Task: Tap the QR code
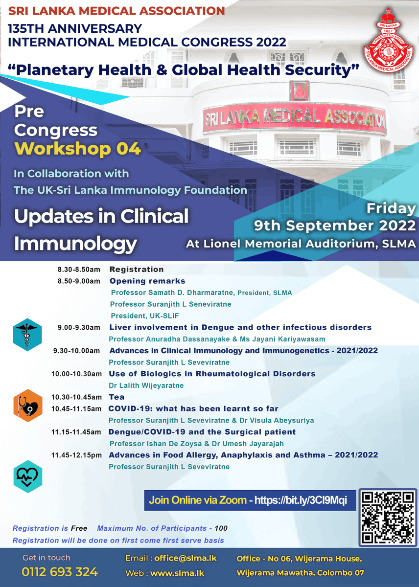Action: (387, 518)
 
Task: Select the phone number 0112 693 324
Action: (60, 572)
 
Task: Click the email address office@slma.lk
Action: (185, 558)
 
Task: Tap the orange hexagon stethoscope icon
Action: (27, 405)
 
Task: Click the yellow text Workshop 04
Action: (78, 149)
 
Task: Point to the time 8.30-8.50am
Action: (79, 270)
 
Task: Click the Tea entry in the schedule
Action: (116, 397)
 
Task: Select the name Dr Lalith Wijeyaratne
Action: (146, 385)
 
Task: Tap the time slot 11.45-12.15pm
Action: (76, 455)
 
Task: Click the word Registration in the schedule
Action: (137, 270)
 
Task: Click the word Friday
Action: (391, 208)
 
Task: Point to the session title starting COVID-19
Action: (193, 408)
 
